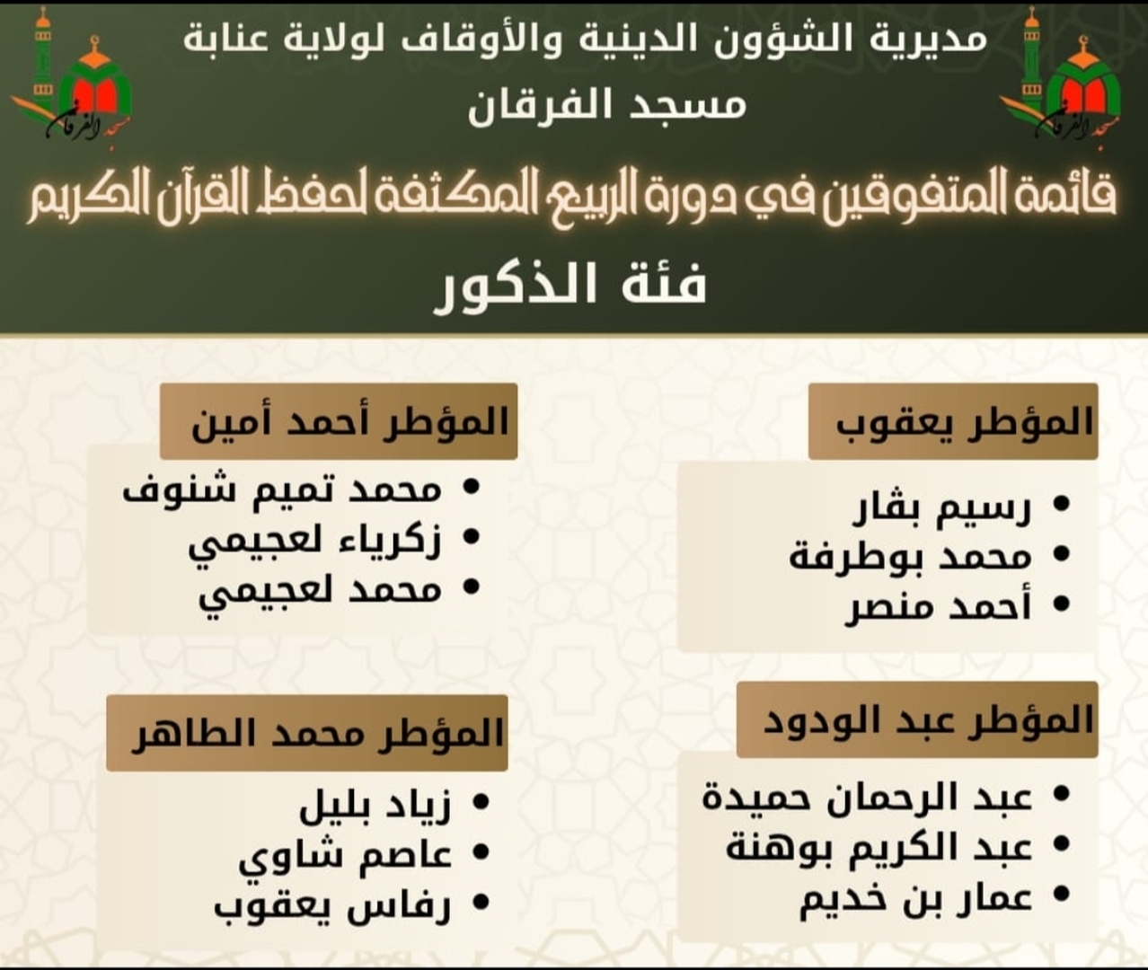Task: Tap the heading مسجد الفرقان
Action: (x=607, y=105)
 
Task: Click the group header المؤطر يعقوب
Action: (x=953, y=421)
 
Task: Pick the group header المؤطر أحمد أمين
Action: (x=339, y=421)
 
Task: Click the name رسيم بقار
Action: (x=941, y=507)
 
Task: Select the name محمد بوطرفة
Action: (x=910, y=557)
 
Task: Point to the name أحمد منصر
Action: (x=938, y=607)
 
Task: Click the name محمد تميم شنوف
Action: (x=282, y=490)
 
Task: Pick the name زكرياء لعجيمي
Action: (x=315, y=542)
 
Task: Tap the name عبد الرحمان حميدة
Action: (x=868, y=797)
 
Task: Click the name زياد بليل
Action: (x=375, y=804)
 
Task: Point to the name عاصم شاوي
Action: (x=345, y=855)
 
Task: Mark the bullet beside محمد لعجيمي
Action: (x=470, y=590)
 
